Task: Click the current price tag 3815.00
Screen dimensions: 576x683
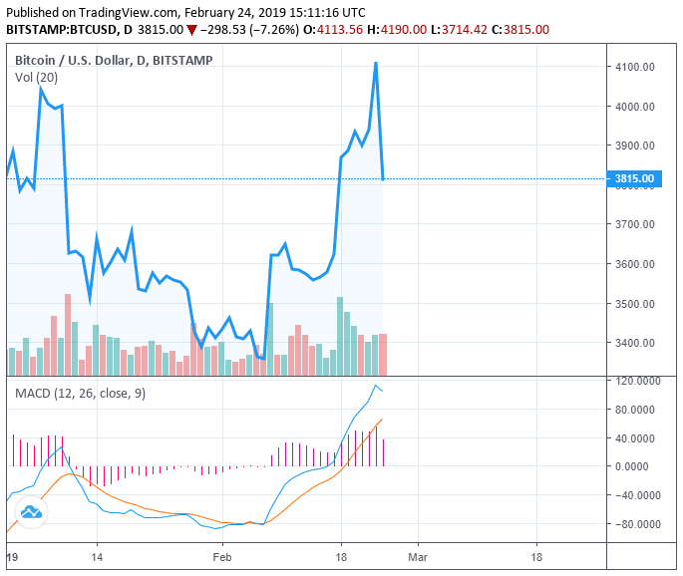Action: pos(634,179)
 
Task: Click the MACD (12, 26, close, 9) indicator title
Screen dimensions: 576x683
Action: pos(80,394)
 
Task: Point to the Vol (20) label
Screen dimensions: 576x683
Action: pos(37,77)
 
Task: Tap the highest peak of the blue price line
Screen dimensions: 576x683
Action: pos(376,63)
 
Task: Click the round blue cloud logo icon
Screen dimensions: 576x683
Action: pos(30,512)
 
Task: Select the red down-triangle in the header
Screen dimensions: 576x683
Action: pos(191,30)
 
